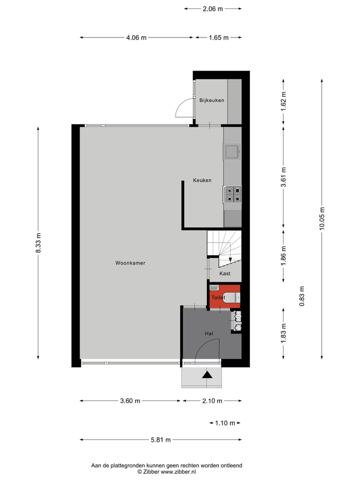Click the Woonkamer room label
click(130, 262)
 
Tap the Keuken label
click(202, 180)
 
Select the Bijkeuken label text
click(211, 100)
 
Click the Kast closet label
click(225, 273)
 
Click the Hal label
click(209, 333)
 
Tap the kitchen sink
click(232, 151)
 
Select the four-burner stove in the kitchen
click(232, 194)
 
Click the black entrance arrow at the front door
click(207, 374)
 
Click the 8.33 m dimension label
click(38, 242)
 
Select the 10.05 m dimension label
click(322, 218)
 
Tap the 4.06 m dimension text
click(136, 37)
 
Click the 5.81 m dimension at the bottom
click(161, 440)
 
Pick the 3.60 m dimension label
click(130, 400)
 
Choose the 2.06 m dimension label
click(213, 8)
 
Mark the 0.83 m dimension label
click(301, 296)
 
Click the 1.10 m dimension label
click(225, 423)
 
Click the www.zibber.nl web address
click(178, 471)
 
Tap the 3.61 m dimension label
click(283, 176)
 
